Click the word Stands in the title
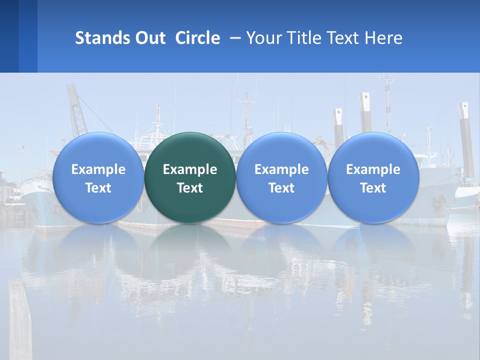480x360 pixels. click(100, 38)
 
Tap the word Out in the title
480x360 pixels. click(148, 38)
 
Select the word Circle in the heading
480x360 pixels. click(197, 38)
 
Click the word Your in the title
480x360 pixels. click(263, 38)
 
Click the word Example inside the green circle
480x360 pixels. click(190, 169)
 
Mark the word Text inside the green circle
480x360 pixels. click(190, 188)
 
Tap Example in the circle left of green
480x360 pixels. click(98, 169)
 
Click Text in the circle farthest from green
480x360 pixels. click(373, 188)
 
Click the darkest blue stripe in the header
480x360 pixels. click(9, 36)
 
